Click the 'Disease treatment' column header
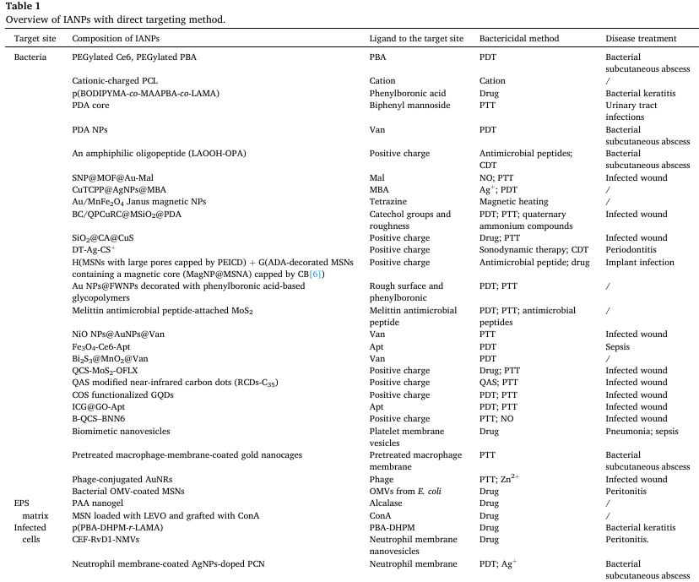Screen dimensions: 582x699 [x=641, y=39]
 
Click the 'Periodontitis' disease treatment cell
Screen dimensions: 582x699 [x=632, y=250]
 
